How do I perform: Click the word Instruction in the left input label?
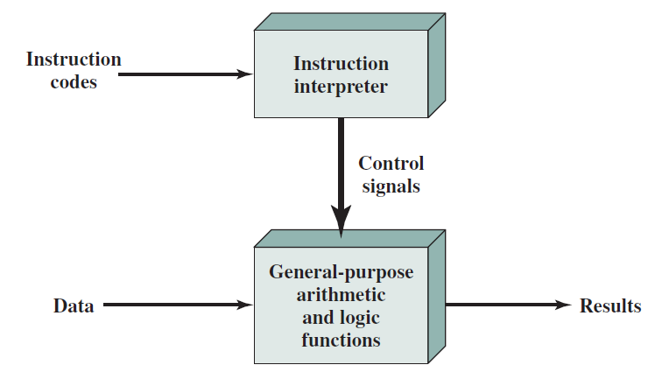74,60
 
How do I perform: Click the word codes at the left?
74,83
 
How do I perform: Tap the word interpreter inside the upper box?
341,87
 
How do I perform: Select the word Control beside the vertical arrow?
391,163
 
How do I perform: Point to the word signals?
391,186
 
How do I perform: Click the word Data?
74,306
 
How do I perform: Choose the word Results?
610,306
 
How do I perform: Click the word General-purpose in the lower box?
341,271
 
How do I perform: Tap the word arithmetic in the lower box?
341,294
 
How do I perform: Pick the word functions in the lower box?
341,340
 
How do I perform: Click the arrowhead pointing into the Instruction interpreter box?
245,74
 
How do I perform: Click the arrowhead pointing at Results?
562,305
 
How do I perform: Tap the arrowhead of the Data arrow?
245,305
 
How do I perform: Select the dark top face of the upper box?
350,22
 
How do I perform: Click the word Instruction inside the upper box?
341,64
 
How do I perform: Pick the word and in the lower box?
316,317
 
